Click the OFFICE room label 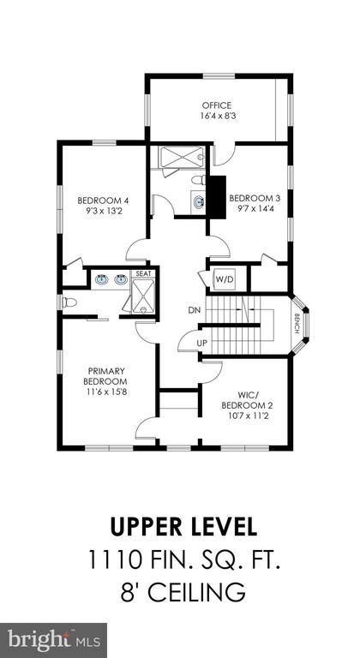click(217, 105)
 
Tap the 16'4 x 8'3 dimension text click(217, 115)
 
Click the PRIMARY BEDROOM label click(106, 376)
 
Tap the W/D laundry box click(224, 278)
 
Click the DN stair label click(194, 310)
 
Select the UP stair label click(202, 344)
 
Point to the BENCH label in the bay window click(297, 324)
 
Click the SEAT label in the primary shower click(144, 273)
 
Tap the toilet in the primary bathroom click(69, 302)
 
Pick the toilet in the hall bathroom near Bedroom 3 click(199, 180)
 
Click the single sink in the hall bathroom click(198, 203)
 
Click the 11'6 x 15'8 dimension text click(106, 392)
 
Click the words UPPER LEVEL click(183, 527)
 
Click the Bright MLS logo click(53, 641)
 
